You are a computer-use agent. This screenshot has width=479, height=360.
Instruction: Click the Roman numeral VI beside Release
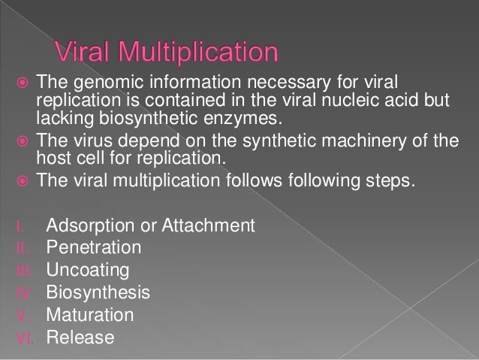[x=23, y=337]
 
